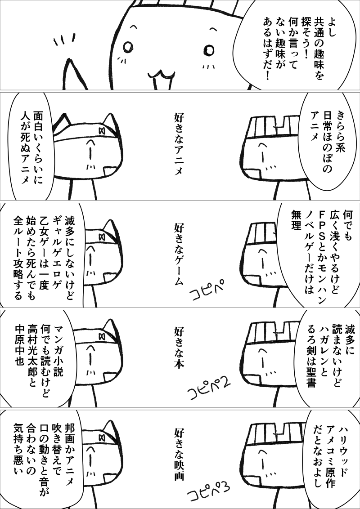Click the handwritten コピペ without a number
click(206, 288)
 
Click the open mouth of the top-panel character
click(161, 80)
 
